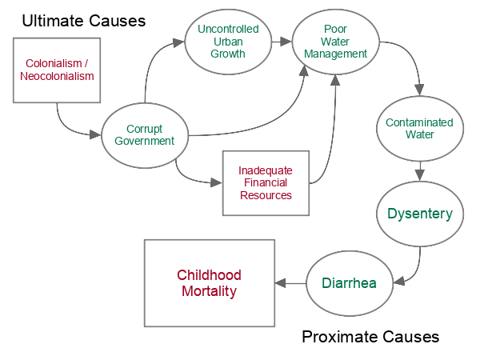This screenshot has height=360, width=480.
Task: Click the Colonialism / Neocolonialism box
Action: coord(57,70)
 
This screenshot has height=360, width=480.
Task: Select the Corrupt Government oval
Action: coord(144,135)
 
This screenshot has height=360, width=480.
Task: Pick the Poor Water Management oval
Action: coord(335,41)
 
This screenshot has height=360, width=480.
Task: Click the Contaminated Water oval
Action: coord(419,128)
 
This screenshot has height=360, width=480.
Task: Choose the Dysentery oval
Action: coord(419,214)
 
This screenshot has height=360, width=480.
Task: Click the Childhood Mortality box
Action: coord(209,282)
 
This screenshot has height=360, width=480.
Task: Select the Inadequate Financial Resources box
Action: coord(265,183)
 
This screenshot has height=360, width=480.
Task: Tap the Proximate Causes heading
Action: coord(370,337)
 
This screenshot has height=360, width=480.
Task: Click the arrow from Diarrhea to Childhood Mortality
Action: coord(290,282)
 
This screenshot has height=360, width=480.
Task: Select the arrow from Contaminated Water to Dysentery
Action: coord(419,169)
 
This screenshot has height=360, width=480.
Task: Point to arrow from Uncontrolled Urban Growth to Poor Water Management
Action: coord(280,40)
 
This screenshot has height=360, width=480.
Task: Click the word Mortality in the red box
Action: coord(209,291)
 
